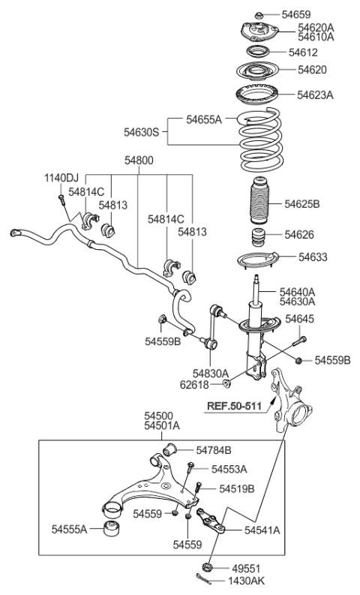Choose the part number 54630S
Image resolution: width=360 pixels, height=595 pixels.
tap(142, 132)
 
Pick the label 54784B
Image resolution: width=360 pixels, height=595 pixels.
tap(214, 450)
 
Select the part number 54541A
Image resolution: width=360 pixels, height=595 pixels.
tap(262, 530)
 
